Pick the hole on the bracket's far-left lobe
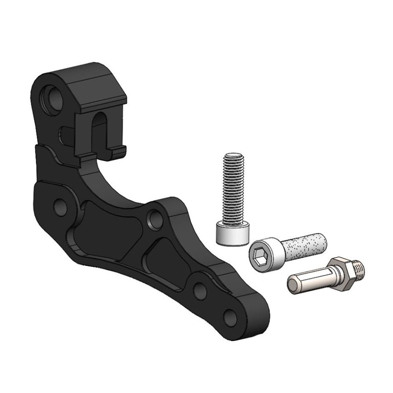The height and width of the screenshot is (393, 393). [60, 207]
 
